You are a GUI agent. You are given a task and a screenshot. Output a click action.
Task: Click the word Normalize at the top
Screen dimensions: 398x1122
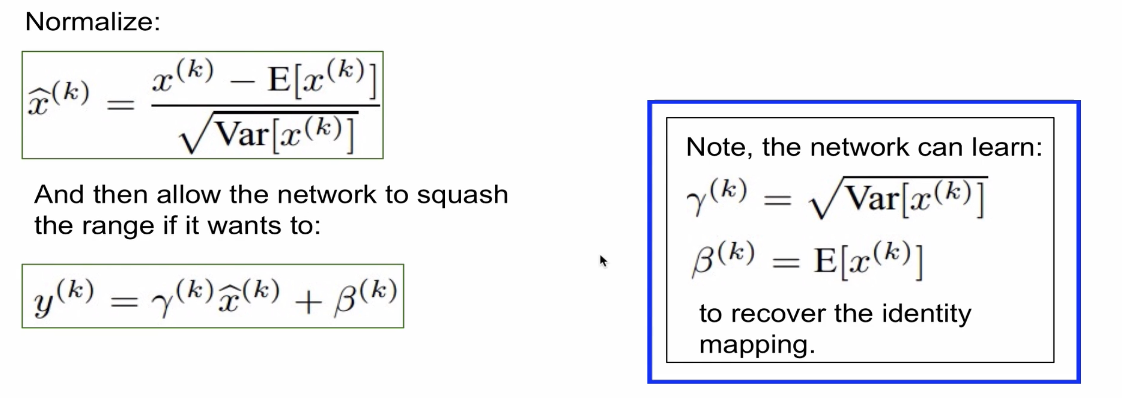(92, 22)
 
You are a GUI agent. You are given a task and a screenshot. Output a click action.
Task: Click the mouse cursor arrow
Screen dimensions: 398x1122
(603, 261)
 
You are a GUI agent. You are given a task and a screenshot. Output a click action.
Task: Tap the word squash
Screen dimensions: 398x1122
(462, 195)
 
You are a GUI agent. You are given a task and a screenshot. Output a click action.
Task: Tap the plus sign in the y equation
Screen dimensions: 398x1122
(308, 302)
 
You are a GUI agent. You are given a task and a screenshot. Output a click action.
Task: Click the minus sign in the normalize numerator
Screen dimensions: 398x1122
(242, 81)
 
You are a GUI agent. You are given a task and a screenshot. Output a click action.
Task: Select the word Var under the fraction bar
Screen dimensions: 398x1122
(243, 134)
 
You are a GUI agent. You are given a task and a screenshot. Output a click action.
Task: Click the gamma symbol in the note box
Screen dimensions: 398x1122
(697, 201)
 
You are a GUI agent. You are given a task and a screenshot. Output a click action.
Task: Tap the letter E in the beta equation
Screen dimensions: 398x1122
(825, 260)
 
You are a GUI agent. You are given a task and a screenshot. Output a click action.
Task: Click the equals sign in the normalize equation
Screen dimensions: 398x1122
(121, 105)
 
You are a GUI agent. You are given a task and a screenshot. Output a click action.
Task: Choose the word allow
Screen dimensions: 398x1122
(188, 195)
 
